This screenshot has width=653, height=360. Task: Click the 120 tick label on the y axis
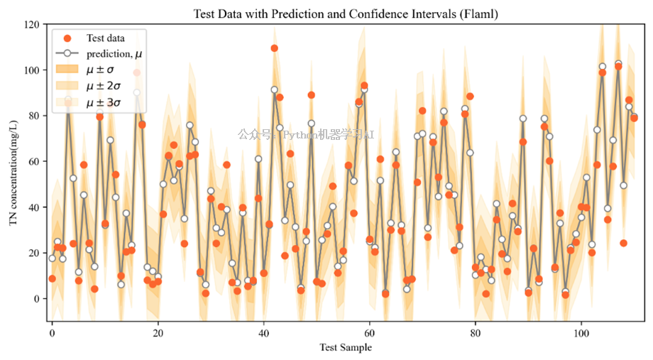coord(31,24)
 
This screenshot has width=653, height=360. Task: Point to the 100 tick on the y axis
coord(31,70)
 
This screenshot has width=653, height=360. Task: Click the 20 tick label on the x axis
coord(158,332)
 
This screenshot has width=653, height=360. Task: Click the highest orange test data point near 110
coord(274,48)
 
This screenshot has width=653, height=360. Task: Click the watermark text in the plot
coord(306,133)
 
